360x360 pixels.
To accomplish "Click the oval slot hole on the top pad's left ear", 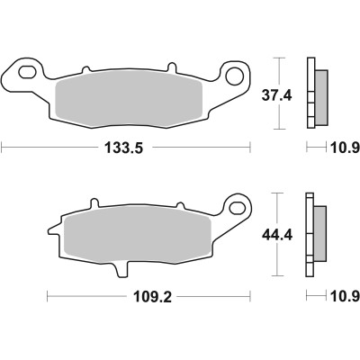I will [28, 69].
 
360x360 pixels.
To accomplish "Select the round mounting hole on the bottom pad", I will [238, 207].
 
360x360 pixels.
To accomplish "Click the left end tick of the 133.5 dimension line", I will [2, 146].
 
